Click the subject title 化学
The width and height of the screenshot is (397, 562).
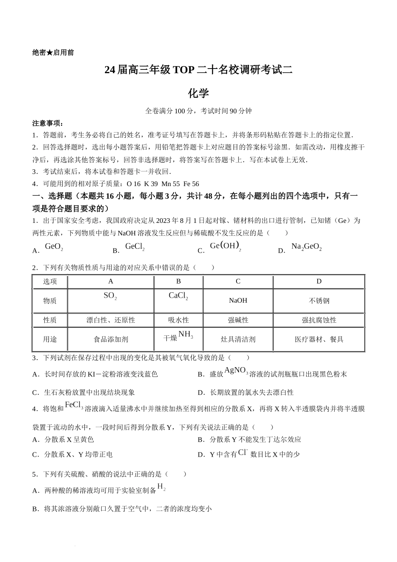tap(198, 93)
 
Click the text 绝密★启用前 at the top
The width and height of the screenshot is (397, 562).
tap(53, 53)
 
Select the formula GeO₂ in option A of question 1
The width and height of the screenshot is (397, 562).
tap(54, 247)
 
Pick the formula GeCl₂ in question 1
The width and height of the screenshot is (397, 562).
tap(135, 247)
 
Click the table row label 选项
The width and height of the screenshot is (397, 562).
tap(50, 281)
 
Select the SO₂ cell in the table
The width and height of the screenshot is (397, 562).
tap(110, 296)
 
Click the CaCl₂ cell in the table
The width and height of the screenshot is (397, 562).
tap(178, 296)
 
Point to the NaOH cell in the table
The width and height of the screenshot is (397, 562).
tap(238, 301)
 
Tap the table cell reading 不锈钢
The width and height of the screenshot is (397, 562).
tap(319, 301)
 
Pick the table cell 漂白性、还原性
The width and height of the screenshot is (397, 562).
tap(111, 320)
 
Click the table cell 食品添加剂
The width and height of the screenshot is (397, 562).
tap(111, 340)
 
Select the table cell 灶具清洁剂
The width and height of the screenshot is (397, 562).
tap(238, 340)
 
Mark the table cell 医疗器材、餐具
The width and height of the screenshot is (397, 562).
tap(319, 340)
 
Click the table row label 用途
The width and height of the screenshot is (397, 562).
tap(50, 340)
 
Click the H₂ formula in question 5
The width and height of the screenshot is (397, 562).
tap(161, 487)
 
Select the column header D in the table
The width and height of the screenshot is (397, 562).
tap(319, 281)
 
